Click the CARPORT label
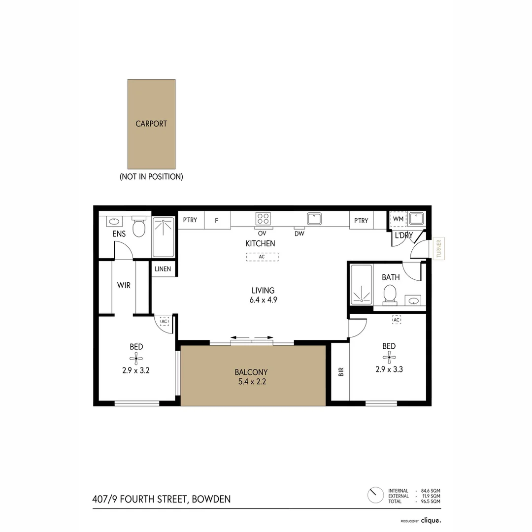[151, 124]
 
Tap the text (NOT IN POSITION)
[151, 176]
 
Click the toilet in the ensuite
[139, 227]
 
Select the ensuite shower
[163, 237]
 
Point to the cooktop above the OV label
[263, 218]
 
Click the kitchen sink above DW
[314, 218]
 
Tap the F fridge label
[216, 220]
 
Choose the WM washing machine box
[398, 219]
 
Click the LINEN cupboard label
[163, 269]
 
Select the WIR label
[124, 285]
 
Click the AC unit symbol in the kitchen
[262, 257]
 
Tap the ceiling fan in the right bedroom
[390, 358]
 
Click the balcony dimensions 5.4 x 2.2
[251, 381]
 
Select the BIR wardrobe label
[340, 372]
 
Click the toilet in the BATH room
[391, 294]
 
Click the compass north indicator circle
[375, 495]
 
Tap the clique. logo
[431, 520]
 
